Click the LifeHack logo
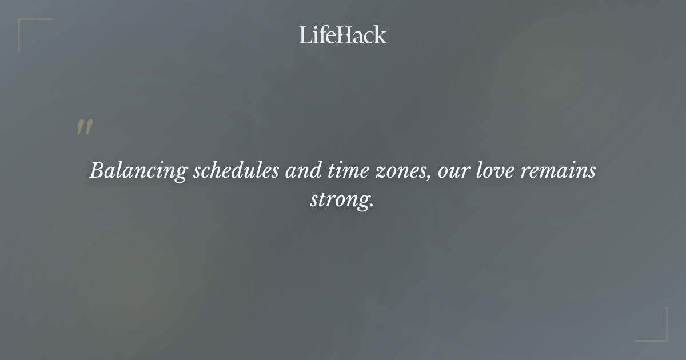click(342, 35)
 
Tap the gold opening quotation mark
click(85, 128)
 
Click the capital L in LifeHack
click(305, 35)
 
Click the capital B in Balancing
click(97, 171)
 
